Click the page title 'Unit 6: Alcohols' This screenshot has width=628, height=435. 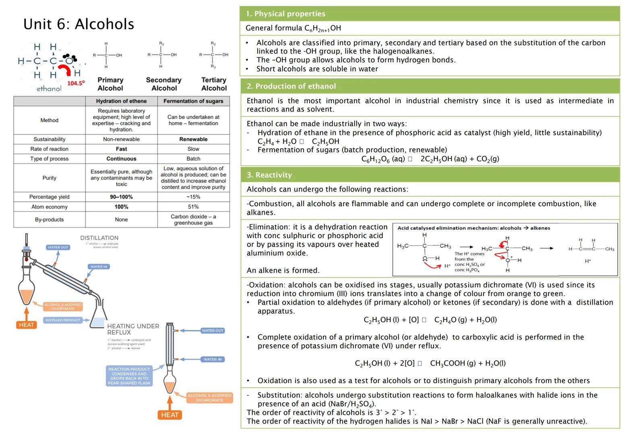pyautogui.click(x=78, y=24)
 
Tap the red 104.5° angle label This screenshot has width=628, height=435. pyautogui.click(x=76, y=83)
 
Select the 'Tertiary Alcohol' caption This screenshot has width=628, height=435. pyautogui.click(x=214, y=84)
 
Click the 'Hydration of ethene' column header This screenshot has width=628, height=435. pyautogui.click(x=121, y=101)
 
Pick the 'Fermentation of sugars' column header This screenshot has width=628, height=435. pyautogui.click(x=193, y=101)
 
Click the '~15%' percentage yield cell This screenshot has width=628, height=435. pyautogui.click(x=193, y=197)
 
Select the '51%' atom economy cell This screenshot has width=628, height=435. pyautogui.click(x=193, y=207)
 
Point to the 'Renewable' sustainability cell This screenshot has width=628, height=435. pyautogui.click(x=193, y=139)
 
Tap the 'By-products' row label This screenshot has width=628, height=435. pyautogui.click(x=49, y=220)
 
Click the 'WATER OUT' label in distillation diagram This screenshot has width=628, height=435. pyautogui.click(x=58, y=247)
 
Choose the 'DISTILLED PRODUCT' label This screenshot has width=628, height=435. pyautogui.click(x=63, y=320)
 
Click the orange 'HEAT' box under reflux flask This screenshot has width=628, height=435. pyautogui.click(x=169, y=415)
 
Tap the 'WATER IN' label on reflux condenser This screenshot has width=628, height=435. pyautogui.click(x=213, y=359)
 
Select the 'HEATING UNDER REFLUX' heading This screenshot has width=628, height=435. pyautogui.click(x=133, y=329)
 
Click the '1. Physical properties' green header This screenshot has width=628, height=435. pyautogui.click(x=286, y=14)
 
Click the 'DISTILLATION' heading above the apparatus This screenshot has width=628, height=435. pyautogui.click(x=99, y=238)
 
